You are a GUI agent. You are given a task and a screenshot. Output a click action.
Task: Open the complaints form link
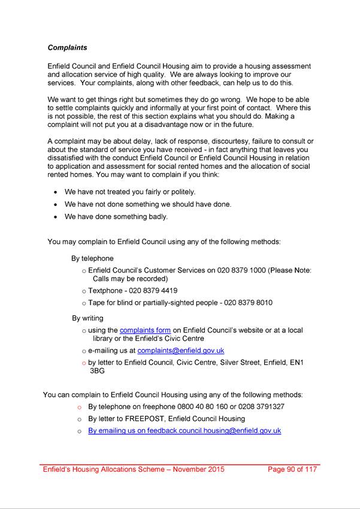pos(146,330)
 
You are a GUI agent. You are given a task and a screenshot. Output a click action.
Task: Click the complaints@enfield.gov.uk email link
pos(180,350)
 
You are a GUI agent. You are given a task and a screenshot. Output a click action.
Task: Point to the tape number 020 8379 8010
pos(248,303)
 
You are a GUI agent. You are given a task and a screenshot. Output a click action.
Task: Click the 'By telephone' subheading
pos(92,259)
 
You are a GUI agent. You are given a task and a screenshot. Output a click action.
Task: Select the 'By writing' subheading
pos(87,318)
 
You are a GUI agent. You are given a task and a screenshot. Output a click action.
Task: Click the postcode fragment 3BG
pos(98,371)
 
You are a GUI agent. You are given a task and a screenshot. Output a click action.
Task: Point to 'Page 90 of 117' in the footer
pos(293,469)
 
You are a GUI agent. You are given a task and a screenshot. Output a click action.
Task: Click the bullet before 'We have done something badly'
pos(56,217)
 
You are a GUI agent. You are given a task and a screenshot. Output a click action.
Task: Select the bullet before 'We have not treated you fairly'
pos(56,192)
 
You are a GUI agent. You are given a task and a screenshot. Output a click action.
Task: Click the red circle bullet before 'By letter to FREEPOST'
pos(79,419)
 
